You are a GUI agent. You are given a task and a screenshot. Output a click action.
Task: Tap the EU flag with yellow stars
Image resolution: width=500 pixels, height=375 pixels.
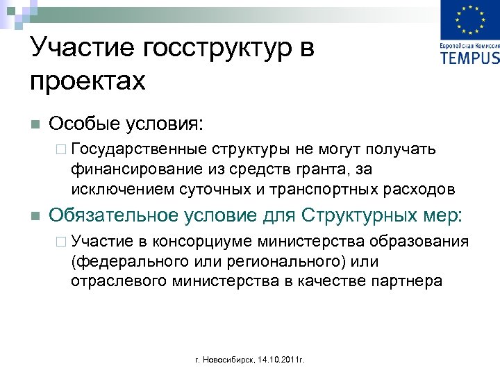tap(470, 20)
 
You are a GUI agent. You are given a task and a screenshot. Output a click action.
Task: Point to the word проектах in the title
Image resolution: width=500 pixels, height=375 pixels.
tap(88, 81)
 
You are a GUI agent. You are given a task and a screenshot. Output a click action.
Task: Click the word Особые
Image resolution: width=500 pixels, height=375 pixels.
tap(83, 124)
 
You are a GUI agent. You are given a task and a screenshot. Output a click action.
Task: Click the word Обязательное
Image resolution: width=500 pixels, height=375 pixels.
tap(112, 215)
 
